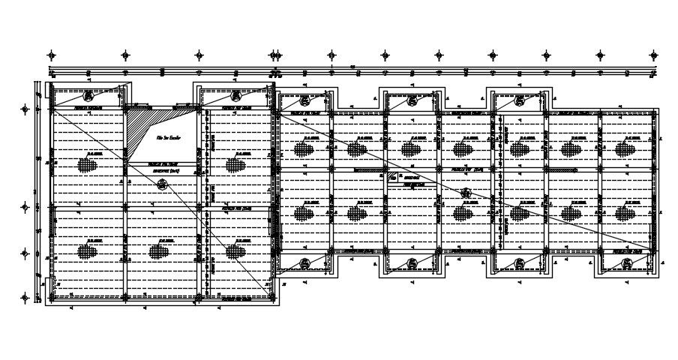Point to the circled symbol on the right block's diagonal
(466, 193)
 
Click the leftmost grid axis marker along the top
(51, 55)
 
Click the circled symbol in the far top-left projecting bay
(88, 95)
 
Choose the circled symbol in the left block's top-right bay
(235, 95)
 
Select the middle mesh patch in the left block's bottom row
(157, 250)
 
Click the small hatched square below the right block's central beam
(391, 178)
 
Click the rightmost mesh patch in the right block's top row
(625, 149)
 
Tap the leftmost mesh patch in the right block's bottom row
(304, 213)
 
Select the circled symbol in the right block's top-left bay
(304, 100)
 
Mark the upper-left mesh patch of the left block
(88, 163)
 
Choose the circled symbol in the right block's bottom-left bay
(304, 262)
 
